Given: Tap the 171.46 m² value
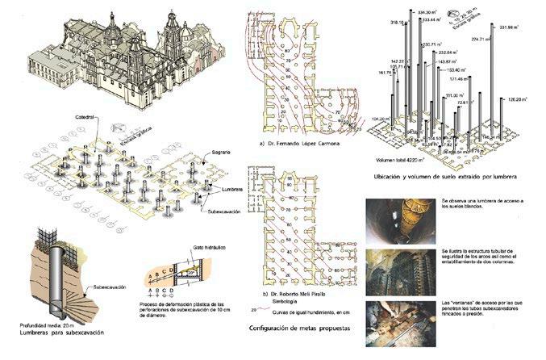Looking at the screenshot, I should tap(462, 79).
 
